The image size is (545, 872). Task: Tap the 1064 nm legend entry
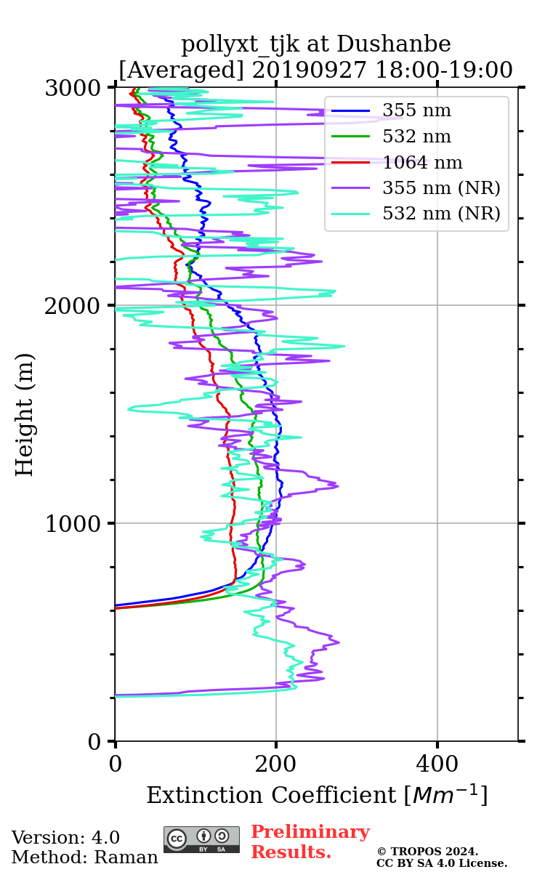point(422,163)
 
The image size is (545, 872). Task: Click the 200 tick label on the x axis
point(276,764)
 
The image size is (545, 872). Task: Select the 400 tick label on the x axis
point(437,764)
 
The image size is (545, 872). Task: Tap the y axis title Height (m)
point(25,414)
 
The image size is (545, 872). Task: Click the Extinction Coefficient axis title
point(317,795)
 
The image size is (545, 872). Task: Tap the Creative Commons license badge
point(201,839)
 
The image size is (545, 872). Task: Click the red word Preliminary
point(310,833)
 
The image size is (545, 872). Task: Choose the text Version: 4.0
point(65,838)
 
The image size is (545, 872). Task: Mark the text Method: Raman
point(84,857)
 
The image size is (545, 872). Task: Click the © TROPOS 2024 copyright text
point(427,852)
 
